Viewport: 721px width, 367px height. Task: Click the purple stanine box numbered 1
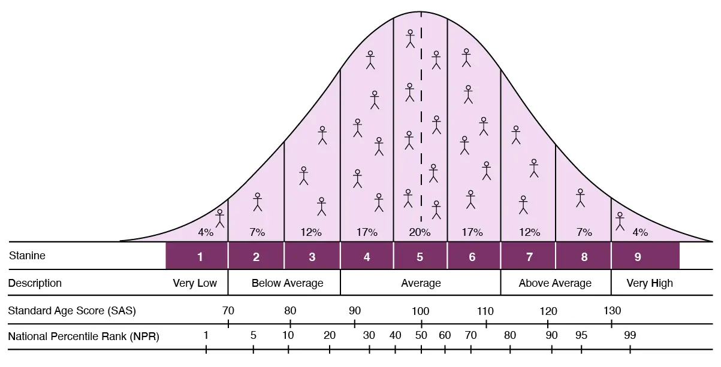click(x=200, y=256)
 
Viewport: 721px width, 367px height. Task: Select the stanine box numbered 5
click(x=420, y=256)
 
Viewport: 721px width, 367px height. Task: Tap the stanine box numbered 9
click(x=638, y=256)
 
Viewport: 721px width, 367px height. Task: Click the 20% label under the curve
click(x=419, y=232)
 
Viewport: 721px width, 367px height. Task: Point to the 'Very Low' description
click(x=195, y=283)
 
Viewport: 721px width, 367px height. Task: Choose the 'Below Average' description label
click(x=287, y=283)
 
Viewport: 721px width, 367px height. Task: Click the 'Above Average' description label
click(x=555, y=283)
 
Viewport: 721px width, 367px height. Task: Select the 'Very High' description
click(x=650, y=283)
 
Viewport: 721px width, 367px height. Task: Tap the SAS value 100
click(x=421, y=311)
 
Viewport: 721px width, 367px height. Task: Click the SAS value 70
click(x=228, y=311)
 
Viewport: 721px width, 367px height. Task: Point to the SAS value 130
click(x=612, y=311)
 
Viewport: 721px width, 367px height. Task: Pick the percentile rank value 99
click(x=629, y=335)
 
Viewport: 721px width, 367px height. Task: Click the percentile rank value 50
click(x=421, y=335)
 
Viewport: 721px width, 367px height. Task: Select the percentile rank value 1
click(x=206, y=335)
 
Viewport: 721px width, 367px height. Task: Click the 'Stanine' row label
click(x=27, y=256)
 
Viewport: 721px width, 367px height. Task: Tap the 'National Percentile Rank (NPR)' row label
click(x=83, y=336)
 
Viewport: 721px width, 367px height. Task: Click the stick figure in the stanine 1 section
click(x=220, y=218)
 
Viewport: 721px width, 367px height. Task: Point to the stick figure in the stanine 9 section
click(x=620, y=222)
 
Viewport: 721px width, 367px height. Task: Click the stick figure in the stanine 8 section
click(x=580, y=198)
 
